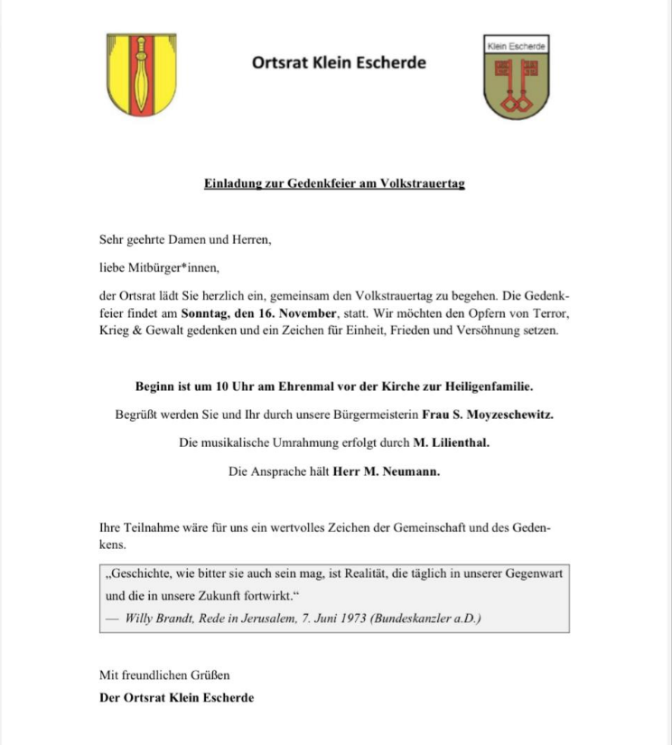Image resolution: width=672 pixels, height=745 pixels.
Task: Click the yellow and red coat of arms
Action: [x=142, y=75]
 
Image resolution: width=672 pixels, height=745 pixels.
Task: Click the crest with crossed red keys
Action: [x=517, y=79]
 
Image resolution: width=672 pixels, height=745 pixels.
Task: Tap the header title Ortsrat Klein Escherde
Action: [x=339, y=63]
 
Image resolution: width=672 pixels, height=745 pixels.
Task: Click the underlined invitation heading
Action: [x=334, y=185]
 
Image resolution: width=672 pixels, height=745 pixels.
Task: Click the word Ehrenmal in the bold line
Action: [x=307, y=386]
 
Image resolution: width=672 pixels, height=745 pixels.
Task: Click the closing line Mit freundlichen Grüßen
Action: [x=165, y=675]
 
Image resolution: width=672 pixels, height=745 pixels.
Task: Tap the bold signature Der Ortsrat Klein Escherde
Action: [x=177, y=697]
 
